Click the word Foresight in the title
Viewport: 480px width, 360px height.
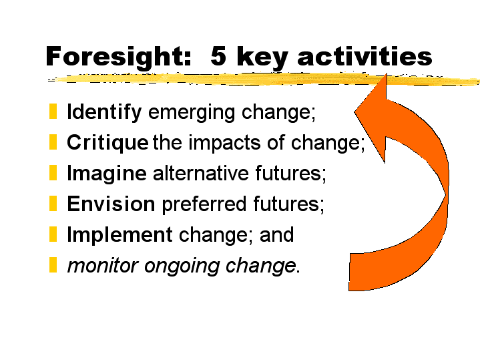pyautogui.click(x=118, y=57)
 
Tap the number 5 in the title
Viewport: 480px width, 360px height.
pyautogui.click(x=218, y=55)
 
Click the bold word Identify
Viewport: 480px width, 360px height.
pyautogui.click(x=104, y=112)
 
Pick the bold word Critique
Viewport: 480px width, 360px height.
pyautogui.click(x=107, y=143)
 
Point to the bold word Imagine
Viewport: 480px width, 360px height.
pyautogui.click(x=107, y=174)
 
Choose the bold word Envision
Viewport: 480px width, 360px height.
pyautogui.click(x=111, y=204)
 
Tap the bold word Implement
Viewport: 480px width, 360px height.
pyautogui.click(x=119, y=235)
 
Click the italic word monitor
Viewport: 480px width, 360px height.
pyautogui.click(x=103, y=266)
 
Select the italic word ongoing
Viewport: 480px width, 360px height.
pyautogui.click(x=182, y=266)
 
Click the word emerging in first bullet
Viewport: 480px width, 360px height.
pyautogui.click(x=192, y=113)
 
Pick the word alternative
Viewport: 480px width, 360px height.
pyautogui.click(x=201, y=173)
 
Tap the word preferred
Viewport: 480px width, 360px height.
pyautogui.click(x=204, y=204)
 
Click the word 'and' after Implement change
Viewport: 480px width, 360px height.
pyautogui.click(x=277, y=234)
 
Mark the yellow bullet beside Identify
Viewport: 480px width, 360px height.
pyautogui.click(x=53, y=112)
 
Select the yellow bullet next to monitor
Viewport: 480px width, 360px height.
pyautogui.click(x=53, y=264)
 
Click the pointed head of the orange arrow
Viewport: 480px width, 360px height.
pyautogui.click(x=387, y=74)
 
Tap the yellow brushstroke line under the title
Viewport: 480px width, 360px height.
pyautogui.click(x=263, y=79)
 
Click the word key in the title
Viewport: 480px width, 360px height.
pyautogui.click(x=262, y=57)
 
